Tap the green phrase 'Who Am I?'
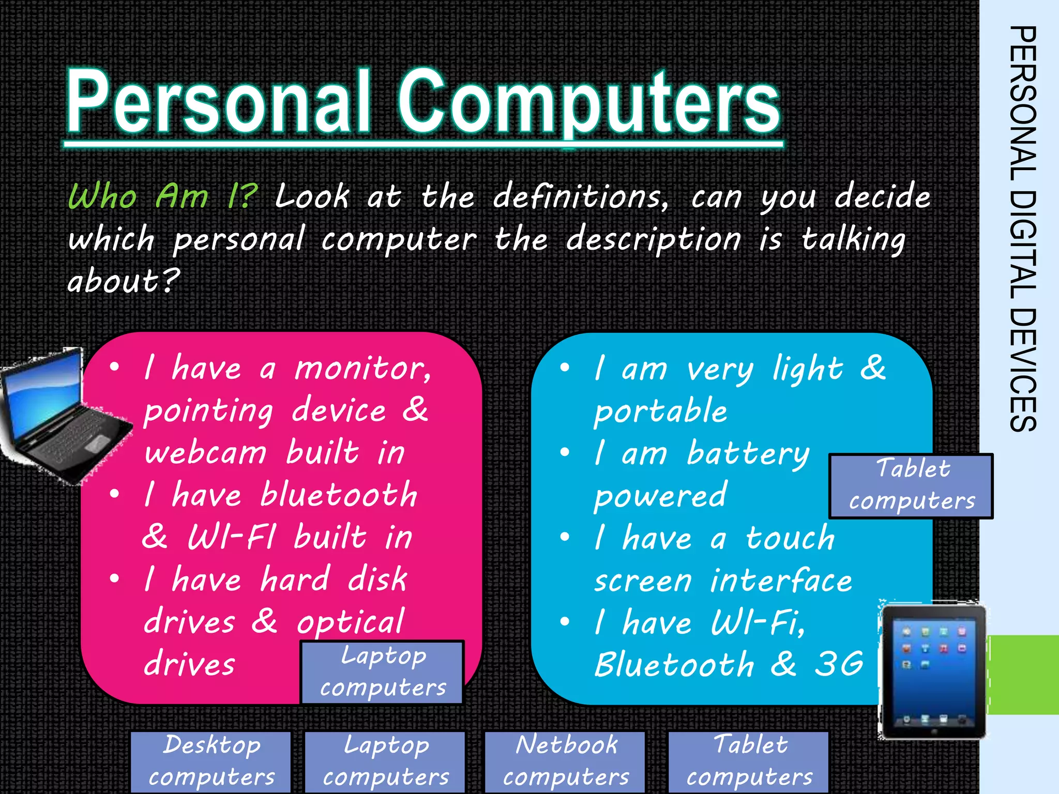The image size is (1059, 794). click(x=162, y=196)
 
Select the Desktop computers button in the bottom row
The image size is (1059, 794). click(x=211, y=761)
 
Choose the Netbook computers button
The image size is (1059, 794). click(x=565, y=761)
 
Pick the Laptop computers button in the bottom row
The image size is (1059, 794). click(x=385, y=761)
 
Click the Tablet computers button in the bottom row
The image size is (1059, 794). click(x=749, y=761)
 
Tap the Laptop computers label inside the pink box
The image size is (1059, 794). click(x=382, y=672)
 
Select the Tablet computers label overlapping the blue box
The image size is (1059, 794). click(x=911, y=486)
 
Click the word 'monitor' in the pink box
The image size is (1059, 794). click(x=362, y=369)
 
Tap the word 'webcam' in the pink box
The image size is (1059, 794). click(x=205, y=453)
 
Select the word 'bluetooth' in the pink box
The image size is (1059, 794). click(x=339, y=495)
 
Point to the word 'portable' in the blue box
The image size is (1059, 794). click(x=660, y=411)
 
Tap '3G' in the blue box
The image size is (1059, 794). click(x=839, y=664)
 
